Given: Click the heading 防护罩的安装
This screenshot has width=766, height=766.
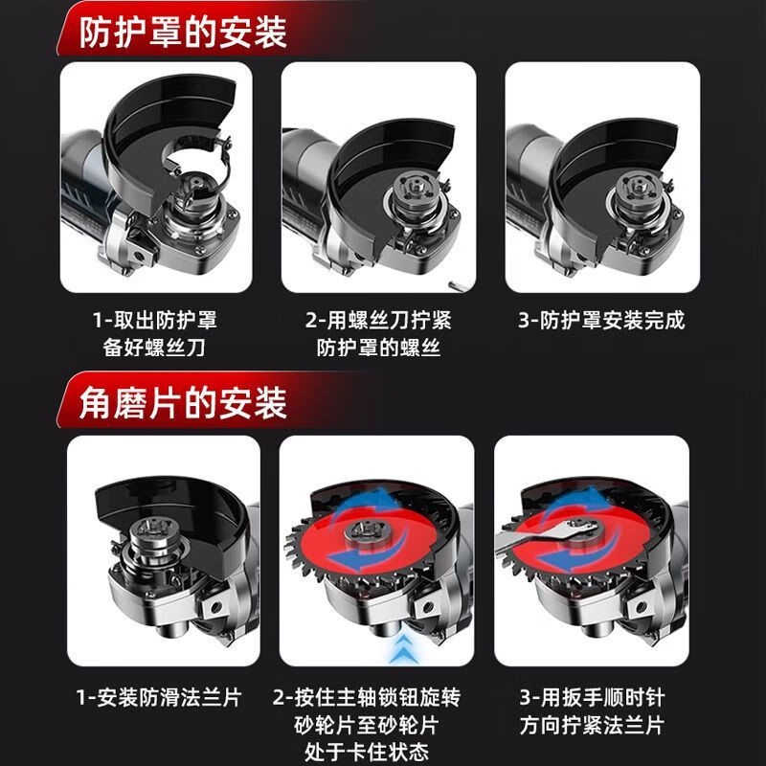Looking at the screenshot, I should point(181,33).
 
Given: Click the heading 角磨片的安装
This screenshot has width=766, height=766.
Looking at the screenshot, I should point(181,402).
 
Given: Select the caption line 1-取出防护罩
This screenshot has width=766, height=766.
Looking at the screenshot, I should point(154,320).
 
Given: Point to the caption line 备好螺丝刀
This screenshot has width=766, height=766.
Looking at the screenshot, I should point(154,348).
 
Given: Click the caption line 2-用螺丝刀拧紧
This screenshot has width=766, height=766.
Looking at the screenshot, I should point(378,320).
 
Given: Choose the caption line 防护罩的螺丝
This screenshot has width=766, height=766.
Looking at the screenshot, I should point(378,348).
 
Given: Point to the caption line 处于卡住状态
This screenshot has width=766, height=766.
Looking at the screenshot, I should point(377,751).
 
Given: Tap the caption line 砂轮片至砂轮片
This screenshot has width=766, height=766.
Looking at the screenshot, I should point(377,724).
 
